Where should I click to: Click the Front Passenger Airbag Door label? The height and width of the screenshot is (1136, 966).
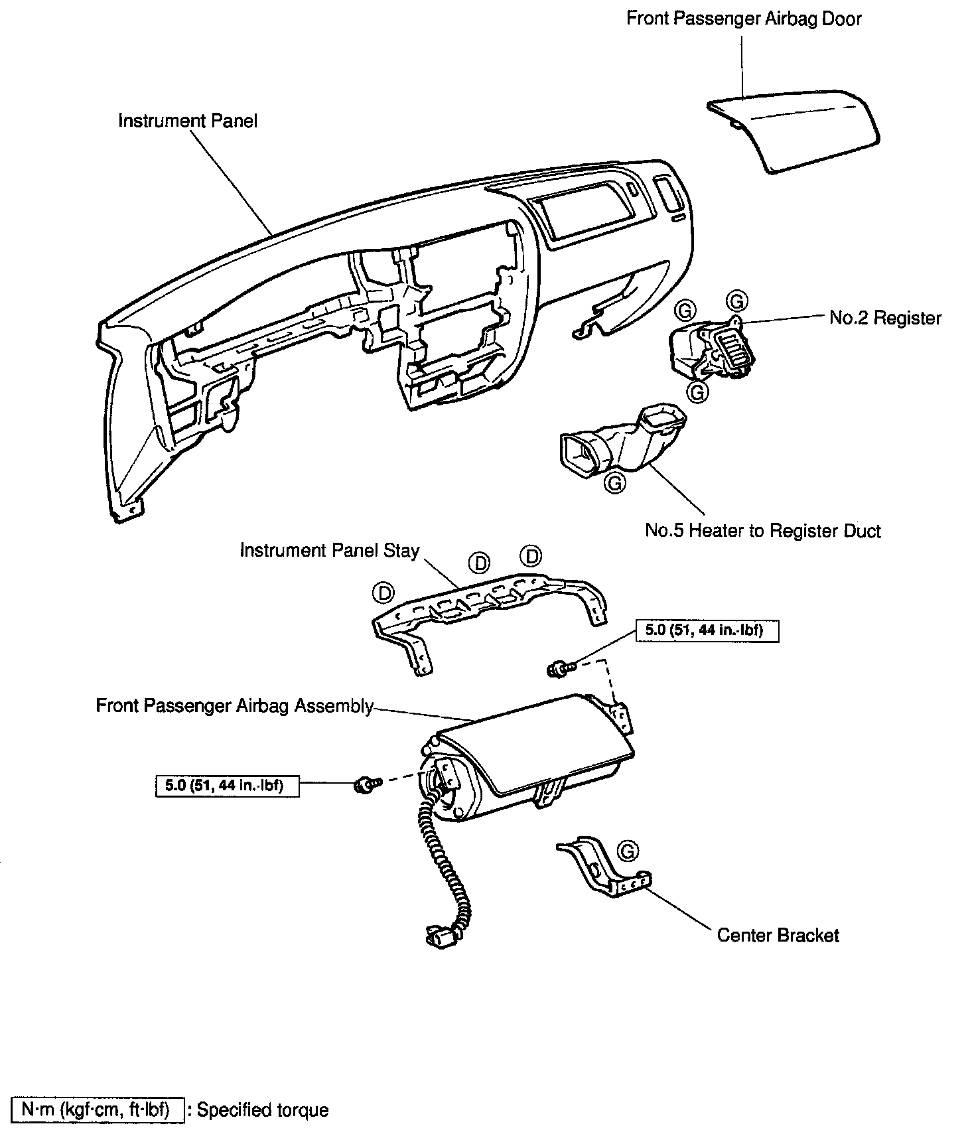tap(744, 19)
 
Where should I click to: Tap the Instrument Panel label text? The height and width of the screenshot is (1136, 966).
tap(188, 121)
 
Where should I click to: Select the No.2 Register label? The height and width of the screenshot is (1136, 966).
tap(885, 318)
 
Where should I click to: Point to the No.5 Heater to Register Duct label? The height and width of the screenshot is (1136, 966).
tap(763, 531)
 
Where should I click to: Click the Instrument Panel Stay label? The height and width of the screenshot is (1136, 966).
tap(329, 551)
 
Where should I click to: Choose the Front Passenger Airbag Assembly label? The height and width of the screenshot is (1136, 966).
tap(235, 705)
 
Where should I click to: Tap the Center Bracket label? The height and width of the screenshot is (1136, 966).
tap(778, 935)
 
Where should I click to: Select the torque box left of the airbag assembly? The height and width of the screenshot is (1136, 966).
tap(227, 786)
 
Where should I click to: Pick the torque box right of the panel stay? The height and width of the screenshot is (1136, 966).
tap(707, 630)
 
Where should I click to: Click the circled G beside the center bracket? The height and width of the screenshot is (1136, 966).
tap(627, 850)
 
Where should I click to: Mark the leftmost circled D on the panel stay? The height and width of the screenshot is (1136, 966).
tap(383, 591)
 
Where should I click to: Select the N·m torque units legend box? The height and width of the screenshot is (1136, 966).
tap(98, 1109)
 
